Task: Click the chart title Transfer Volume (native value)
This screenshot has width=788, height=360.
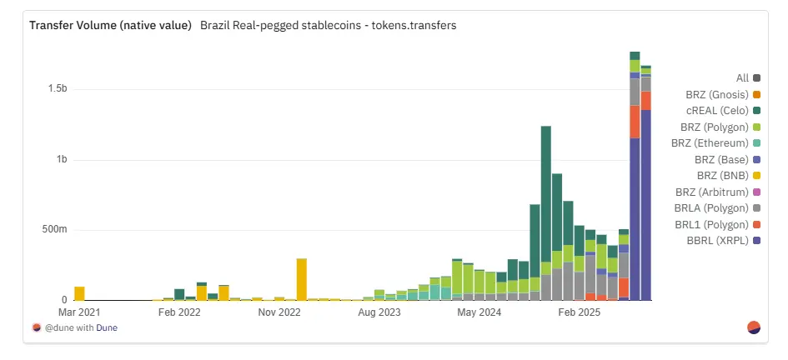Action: (x=110, y=25)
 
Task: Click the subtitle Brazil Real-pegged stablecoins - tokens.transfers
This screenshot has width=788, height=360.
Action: (x=328, y=25)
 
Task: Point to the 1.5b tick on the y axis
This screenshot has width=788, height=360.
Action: (x=56, y=88)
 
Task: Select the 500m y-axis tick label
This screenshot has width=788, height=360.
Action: (x=54, y=230)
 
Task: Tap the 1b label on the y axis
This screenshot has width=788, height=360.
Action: (x=61, y=159)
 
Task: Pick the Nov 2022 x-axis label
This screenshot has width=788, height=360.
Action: (x=279, y=313)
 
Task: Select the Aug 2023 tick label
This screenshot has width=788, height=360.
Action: (x=379, y=313)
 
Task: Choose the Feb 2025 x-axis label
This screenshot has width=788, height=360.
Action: (x=579, y=313)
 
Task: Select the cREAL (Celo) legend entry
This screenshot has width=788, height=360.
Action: (x=722, y=111)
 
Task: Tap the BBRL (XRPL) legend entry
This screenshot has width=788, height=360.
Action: (x=722, y=241)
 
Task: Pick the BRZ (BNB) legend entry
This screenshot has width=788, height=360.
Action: (x=723, y=176)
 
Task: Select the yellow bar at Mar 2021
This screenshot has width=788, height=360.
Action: (x=80, y=293)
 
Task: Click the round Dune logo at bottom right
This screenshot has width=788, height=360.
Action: (x=754, y=327)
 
